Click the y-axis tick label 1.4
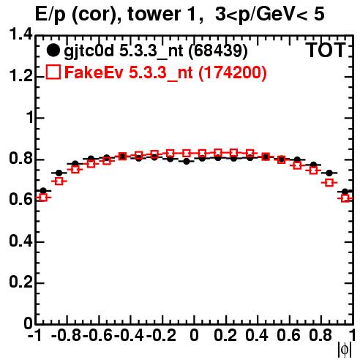click(20, 34)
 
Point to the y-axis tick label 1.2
click(20, 75)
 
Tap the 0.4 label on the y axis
click(20, 241)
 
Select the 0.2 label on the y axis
click(20, 282)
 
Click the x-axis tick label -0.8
click(66, 335)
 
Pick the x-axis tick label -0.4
click(130, 335)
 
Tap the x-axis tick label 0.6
click(288, 335)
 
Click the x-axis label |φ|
click(345, 350)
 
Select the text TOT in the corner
click(326, 50)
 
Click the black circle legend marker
click(53, 50)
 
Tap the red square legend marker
click(53, 72)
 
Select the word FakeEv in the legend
click(94, 72)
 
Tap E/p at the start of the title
click(50, 15)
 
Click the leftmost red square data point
click(43, 198)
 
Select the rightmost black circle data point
click(345, 192)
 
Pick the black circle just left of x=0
click(187, 161)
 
